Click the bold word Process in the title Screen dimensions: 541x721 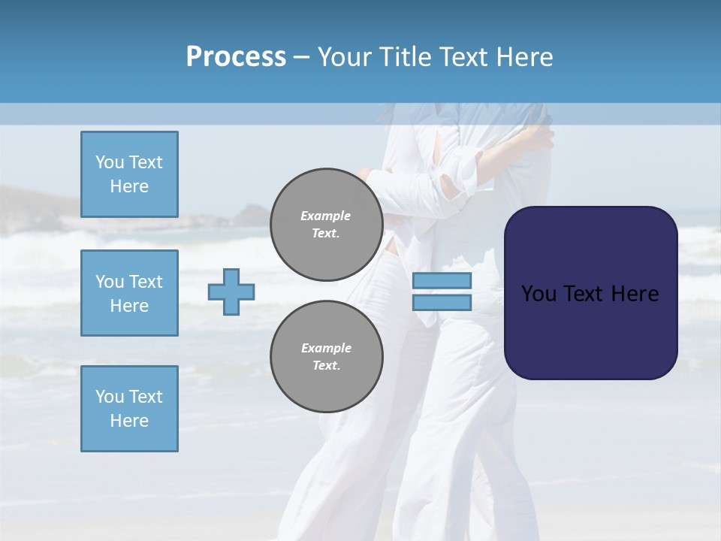236,57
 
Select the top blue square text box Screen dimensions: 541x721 129,174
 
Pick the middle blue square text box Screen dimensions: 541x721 129,293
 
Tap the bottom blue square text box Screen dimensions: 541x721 129,409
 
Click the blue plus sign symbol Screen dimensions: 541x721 231,292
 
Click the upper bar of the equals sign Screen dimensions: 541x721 442,280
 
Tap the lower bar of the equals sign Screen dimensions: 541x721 442,302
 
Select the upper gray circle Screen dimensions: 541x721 326,224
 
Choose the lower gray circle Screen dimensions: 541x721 326,356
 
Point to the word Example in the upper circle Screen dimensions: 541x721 326,216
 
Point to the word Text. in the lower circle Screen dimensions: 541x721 326,365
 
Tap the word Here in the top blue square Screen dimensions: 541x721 129,186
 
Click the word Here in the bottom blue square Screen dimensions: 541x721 129,421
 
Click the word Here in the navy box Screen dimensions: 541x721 635,294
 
